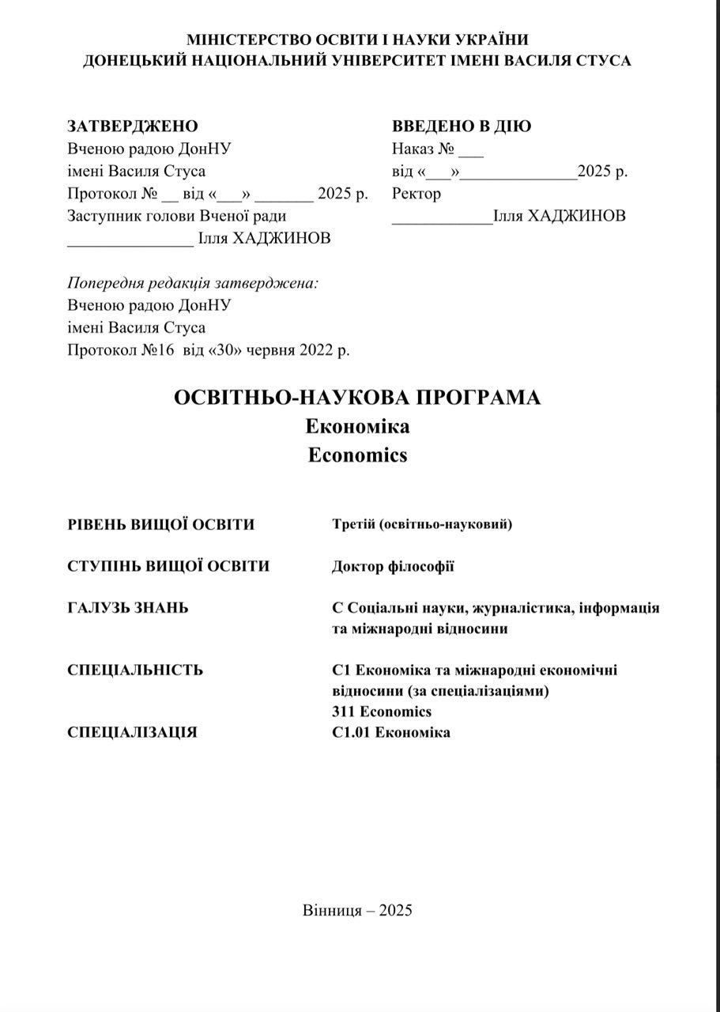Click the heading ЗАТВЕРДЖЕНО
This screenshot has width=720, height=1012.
tap(133, 126)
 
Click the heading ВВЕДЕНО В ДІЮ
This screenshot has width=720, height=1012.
tap(462, 126)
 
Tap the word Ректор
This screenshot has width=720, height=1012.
tap(417, 194)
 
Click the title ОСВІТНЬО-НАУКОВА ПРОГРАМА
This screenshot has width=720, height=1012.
tap(357, 398)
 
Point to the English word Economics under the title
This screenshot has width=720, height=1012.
tap(357, 455)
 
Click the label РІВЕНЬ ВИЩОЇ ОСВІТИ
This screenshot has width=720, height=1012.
tap(161, 524)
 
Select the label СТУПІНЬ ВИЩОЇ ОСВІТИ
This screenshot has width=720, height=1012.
tap(168, 566)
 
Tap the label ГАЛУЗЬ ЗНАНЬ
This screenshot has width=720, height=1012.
tap(128, 608)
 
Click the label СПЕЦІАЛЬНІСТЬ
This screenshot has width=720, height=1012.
tap(135, 670)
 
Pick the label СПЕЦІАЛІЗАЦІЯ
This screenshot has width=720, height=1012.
tap(133, 732)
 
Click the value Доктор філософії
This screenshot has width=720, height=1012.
tap(393, 566)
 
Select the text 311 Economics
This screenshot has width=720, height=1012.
tap(382, 712)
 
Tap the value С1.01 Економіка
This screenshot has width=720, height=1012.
tap(391, 732)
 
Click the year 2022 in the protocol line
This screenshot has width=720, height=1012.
tap(317, 350)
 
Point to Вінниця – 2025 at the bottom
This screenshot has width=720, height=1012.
tap(357, 910)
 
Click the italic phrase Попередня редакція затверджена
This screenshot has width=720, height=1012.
tap(193, 283)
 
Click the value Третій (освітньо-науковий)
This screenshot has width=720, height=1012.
tap(422, 524)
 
